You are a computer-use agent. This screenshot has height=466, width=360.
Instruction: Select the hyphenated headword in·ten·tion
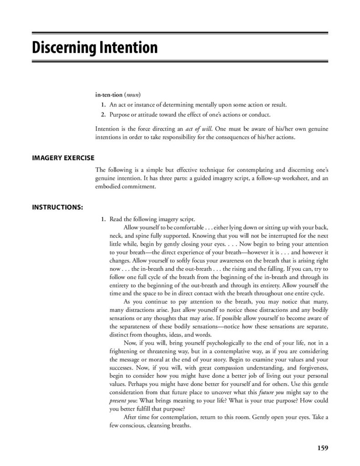tap(109, 95)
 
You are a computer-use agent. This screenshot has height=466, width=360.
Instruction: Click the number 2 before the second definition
tap(103, 115)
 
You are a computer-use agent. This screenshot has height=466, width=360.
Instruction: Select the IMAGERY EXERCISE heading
tap(63, 158)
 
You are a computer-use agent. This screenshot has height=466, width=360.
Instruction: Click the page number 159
tap(322, 448)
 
